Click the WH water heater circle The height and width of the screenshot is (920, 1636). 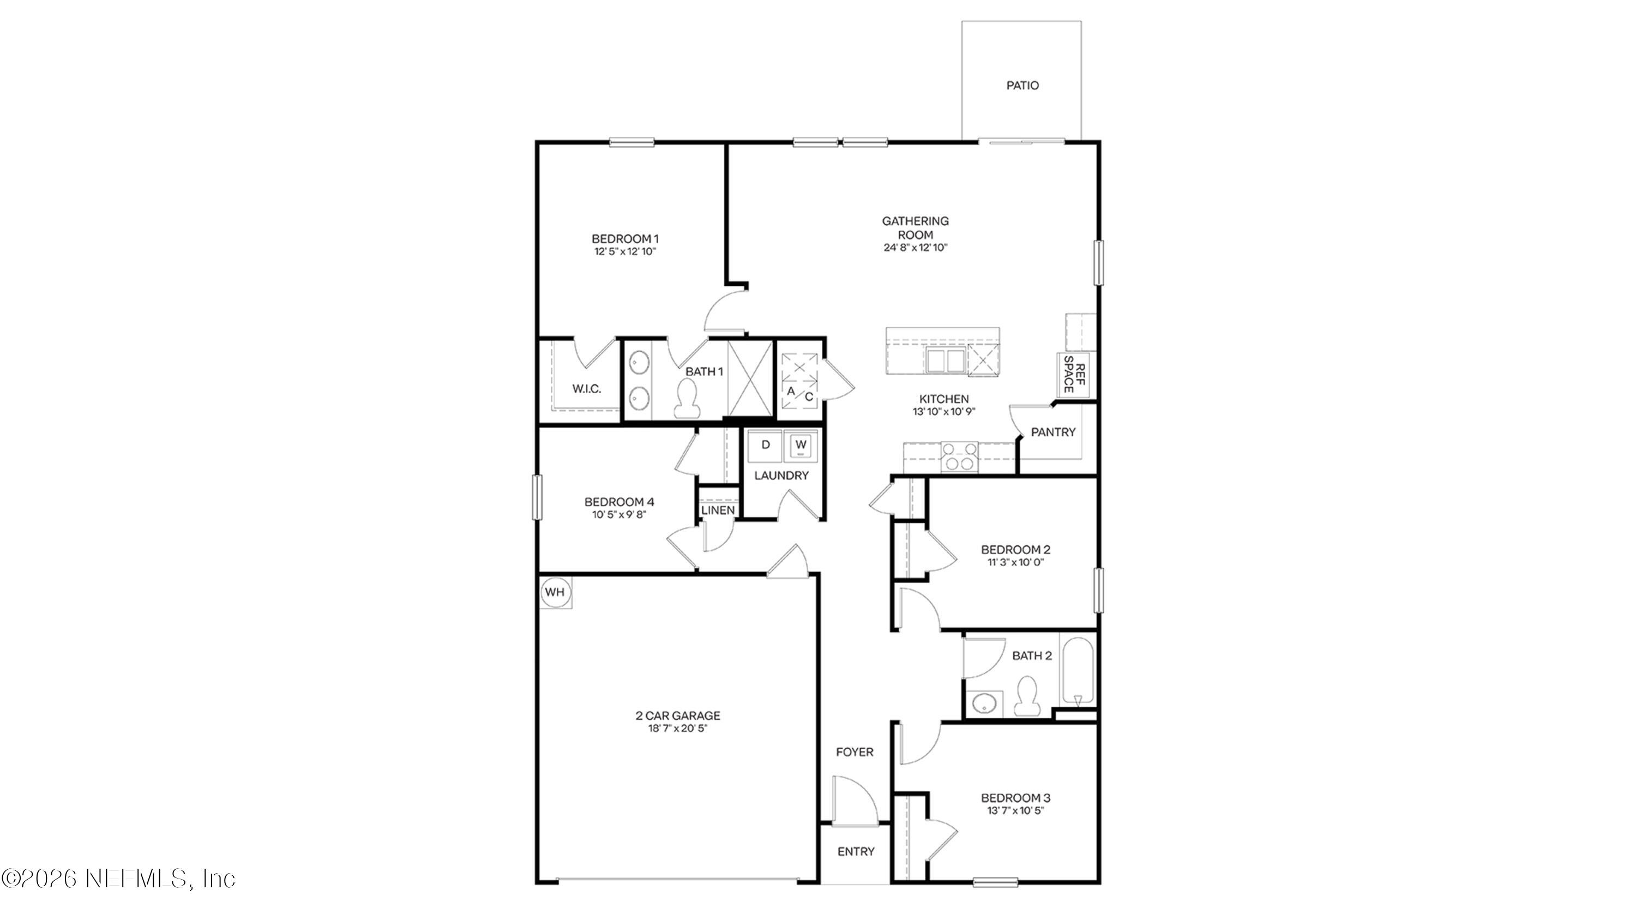[555, 592]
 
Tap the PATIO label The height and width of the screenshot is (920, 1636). [1022, 86]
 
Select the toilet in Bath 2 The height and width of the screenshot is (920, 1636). [1026, 696]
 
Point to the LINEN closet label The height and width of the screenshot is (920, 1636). [718, 510]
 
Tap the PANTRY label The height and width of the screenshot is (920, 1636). [1053, 432]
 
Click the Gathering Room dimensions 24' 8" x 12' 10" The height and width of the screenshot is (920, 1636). [915, 248]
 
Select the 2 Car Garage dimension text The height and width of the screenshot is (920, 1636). [678, 728]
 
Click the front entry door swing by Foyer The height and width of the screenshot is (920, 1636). [854, 801]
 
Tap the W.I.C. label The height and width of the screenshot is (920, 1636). [586, 389]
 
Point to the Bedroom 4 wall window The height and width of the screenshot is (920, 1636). [537, 497]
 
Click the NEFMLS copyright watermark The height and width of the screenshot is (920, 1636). [119, 879]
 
